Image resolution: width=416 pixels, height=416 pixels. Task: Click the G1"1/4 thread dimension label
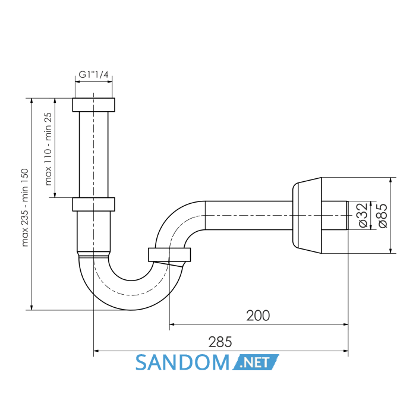click(x=94, y=74)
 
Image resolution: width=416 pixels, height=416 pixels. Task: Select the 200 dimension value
click(x=258, y=316)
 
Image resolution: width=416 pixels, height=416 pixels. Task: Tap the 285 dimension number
click(x=220, y=342)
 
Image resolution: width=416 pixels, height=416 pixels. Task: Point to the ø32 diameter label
click(x=363, y=215)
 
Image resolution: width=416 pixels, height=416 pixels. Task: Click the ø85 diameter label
click(x=382, y=215)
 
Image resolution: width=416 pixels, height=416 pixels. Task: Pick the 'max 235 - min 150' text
click(x=25, y=207)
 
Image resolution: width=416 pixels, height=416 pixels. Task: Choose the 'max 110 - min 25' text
click(x=48, y=149)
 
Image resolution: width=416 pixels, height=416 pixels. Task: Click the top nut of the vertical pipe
click(x=94, y=105)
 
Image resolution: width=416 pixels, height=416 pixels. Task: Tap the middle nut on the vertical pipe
click(x=94, y=204)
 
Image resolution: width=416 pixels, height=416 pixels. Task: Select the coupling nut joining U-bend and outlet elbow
click(x=169, y=255)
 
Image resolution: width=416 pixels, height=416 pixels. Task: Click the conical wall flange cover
click(x=307, y=215)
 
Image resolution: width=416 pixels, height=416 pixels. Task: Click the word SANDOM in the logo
click(x=182, y=363)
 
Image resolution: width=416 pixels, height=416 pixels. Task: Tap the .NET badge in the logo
click(x=256, y=362)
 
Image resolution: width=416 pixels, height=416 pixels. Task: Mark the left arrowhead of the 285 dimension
click(x=96, y=351)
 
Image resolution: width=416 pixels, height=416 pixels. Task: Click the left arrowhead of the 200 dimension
click(x=172, y=324)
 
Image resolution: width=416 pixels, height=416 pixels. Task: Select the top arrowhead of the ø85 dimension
click(x=390, y=180)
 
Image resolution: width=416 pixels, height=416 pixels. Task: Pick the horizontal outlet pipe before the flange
click(x=249, y=215)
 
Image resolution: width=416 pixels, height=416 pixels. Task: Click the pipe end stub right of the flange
click(x=335, y=215)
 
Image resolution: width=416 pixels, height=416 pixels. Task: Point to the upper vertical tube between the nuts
click(x=94, y=155)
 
